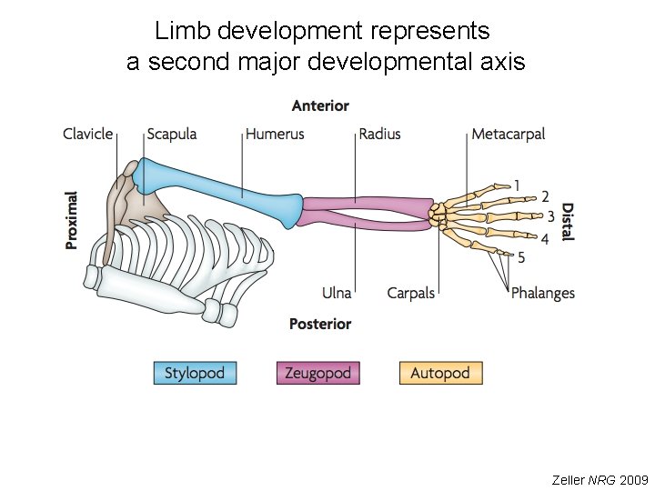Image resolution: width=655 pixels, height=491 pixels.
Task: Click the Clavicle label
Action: [88, 134]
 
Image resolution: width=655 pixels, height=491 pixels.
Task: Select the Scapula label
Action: [172, 134]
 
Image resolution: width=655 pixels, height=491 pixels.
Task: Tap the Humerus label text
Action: [275, 134]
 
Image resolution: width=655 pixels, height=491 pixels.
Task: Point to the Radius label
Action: [379, 134]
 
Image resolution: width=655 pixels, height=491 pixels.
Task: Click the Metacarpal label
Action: [508, 134]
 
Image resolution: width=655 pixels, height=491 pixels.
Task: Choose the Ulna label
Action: [337, 293]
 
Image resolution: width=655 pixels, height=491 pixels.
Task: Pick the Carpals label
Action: [410, 293]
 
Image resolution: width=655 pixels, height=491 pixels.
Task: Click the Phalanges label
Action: [542, 293]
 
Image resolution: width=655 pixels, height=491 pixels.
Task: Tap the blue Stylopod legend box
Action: [195, 373]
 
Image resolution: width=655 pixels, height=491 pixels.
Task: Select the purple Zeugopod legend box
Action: [317, 373]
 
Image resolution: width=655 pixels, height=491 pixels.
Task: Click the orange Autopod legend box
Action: [440, 373]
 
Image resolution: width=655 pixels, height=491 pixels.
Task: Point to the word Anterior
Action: [320, 106]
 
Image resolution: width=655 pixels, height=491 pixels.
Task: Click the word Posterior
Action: [320, 324]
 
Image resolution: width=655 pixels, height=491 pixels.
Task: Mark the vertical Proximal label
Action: [73, 219]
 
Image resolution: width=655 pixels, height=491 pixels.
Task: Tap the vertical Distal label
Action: [567, 221]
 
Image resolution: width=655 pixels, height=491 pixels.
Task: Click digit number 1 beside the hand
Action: [517, 185]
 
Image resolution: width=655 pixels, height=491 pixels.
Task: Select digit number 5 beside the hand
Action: [521, 257]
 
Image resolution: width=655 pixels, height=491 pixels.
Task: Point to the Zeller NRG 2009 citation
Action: [600, 478]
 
